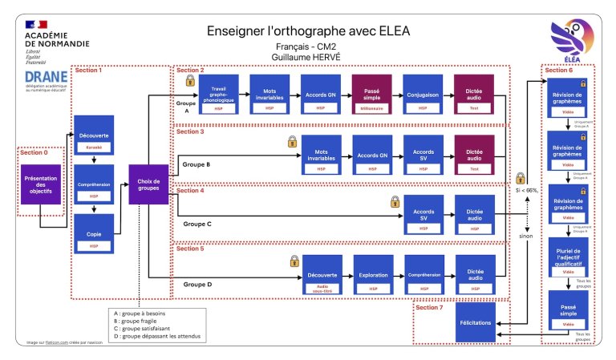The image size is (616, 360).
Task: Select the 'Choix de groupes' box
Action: point(148,184)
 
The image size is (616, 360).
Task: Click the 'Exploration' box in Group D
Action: point(373,275)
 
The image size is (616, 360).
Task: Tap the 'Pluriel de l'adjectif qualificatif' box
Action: point(568,259)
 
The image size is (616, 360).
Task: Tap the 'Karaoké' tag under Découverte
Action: point(94,147)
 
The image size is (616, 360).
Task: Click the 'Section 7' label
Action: point(429,306)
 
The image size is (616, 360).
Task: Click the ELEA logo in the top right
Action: point(569,40)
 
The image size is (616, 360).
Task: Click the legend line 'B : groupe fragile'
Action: point(141,322)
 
